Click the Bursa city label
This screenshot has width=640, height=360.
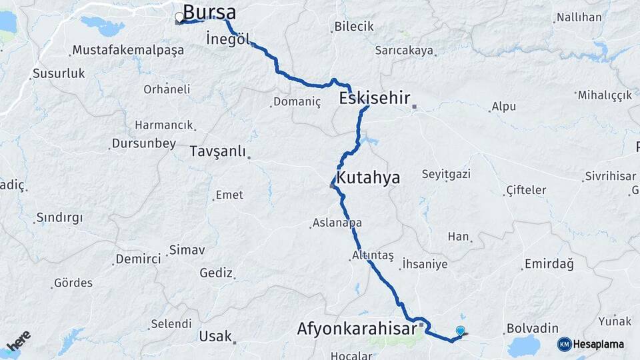tap(209, 12)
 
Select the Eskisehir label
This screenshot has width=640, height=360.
tap(374, 99)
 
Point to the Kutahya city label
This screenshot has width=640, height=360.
tap(368, 177)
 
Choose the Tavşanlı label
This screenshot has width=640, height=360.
tap(218, 151)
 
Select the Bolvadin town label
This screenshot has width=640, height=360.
tap(532, 329)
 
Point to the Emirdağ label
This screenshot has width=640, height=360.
tap(549, 264)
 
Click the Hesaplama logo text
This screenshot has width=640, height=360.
tap(599, 344)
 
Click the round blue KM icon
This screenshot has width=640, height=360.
tap(565, 344)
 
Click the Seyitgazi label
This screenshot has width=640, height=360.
tap(446, 174)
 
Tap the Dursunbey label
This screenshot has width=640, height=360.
tap(144, 143)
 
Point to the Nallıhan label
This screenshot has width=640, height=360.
tap(579, 17)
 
